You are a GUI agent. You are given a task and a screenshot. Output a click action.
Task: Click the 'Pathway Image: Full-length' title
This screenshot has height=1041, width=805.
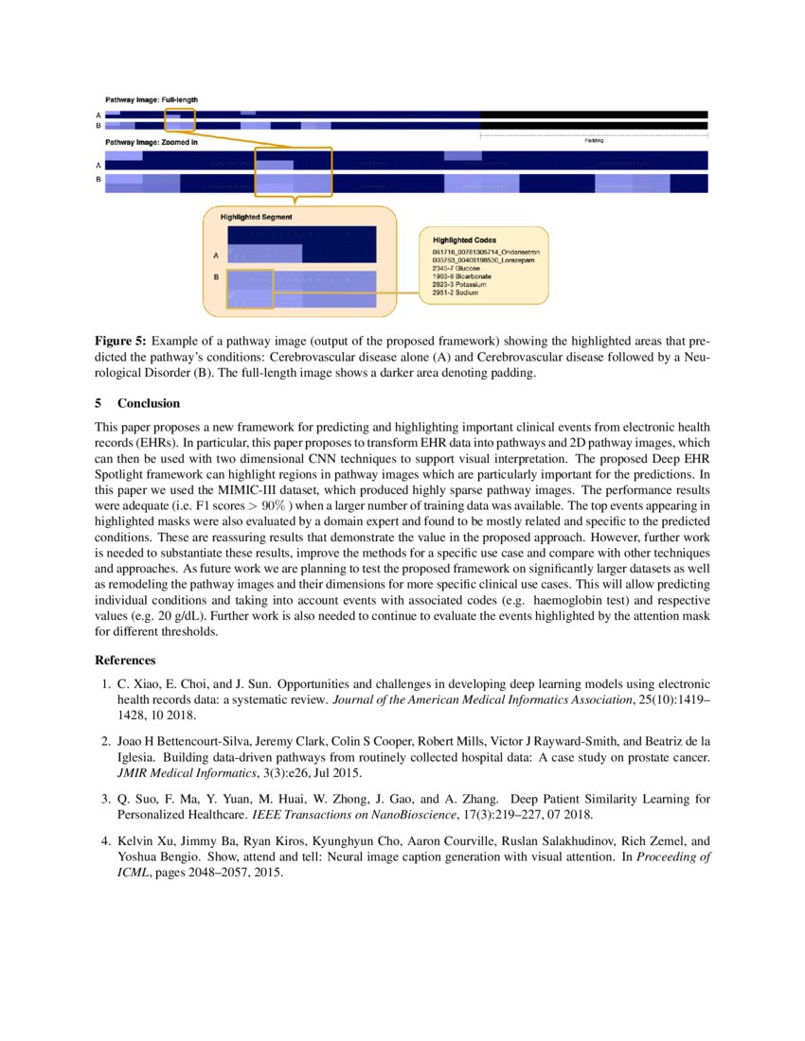[151, 99]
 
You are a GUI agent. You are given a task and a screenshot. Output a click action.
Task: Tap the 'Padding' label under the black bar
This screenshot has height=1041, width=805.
[593, 140]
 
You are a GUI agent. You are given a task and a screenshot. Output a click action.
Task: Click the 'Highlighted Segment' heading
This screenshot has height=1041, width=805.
[256, 217]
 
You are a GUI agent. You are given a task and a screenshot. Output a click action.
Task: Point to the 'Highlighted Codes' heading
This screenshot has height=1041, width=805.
[464, 240]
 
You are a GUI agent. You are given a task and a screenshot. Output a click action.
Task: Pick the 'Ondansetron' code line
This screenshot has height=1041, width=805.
[485, 253]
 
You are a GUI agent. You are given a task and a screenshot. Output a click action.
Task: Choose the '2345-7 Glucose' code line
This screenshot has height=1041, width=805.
[455, 269]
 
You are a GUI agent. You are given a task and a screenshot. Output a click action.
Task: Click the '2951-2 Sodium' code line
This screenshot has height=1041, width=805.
[455, 293]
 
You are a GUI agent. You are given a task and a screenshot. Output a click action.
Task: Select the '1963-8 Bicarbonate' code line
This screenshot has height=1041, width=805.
[461, 276]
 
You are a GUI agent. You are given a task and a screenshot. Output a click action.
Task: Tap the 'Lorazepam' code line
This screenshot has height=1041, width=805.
[482, 260]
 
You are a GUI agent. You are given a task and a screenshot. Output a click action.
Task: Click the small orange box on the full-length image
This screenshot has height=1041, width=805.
[179, 119]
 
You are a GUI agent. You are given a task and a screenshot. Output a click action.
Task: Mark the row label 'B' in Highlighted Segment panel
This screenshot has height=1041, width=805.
[216, 277]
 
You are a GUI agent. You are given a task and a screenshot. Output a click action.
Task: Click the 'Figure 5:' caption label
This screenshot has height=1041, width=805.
[120, 339]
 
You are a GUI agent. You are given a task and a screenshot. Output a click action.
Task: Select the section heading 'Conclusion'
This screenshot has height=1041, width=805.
[148, 403]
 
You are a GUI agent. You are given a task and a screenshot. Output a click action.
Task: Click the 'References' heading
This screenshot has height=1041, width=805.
[126, 660]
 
